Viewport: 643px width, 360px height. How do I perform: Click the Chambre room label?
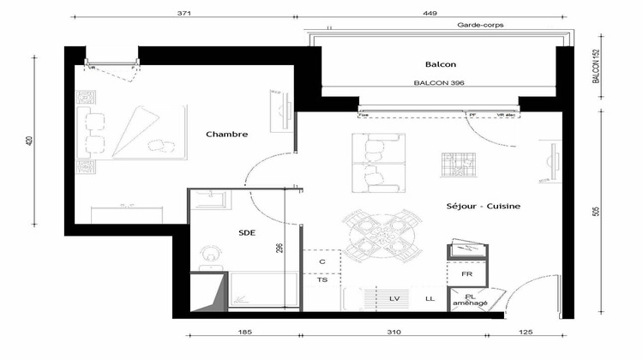[x=227, y=135]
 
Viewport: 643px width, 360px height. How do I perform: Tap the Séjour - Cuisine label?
[x=484, y=207]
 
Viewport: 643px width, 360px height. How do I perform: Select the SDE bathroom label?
[x=248, y=232]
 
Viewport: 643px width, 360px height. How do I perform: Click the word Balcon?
[x=440, y=65]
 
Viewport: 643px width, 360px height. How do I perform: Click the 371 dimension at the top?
[x=182, y=14]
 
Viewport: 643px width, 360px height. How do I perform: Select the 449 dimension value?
[x=430, y=14]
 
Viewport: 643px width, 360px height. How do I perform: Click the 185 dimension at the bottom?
[x=243, y=332]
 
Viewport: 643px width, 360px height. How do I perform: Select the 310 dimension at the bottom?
[x=394, y=332]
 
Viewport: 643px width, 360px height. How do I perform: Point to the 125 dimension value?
[x=526, y=332]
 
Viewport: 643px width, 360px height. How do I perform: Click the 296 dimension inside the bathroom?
[x=279, y=249]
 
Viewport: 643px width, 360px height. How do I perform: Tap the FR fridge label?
[x=467, y=274]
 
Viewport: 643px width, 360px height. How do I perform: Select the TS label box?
[x=322, y=279]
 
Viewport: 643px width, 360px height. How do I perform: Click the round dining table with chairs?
[x=383, y=233]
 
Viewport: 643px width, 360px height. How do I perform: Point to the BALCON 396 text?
[x=439, y=83]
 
